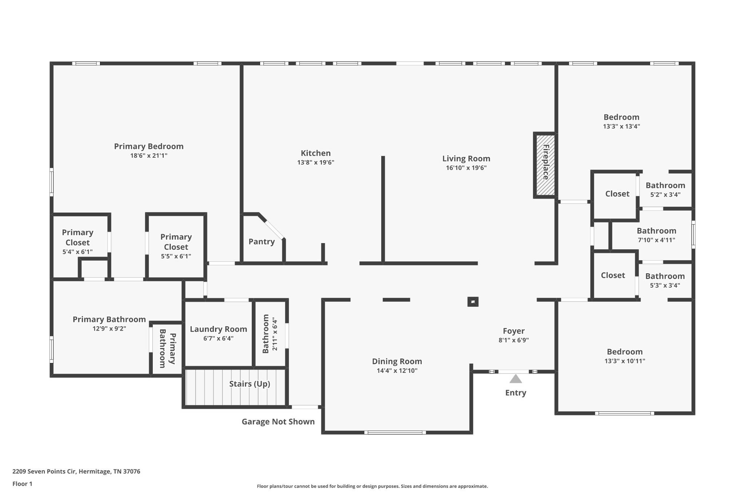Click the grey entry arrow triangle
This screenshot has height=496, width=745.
point(515,379)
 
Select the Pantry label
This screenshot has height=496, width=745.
point(262,242)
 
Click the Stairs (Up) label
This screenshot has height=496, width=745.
point(250,384)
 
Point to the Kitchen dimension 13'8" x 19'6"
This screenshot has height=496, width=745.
point(316,162)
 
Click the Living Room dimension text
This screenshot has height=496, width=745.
point(466,168)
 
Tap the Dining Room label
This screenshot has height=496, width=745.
point(397,362)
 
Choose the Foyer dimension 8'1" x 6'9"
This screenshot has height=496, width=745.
point(514,340)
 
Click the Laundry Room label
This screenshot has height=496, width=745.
point(218,329)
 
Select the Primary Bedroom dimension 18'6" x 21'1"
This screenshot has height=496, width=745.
point(149,156)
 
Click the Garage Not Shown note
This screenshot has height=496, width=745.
point(278,422)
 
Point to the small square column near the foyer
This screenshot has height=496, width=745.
point(473,302)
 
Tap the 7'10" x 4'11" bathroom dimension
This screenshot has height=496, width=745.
point(657,240)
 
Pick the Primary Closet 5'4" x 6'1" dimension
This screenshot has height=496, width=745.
point(77,252)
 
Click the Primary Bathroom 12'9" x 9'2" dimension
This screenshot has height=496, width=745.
point(109,329)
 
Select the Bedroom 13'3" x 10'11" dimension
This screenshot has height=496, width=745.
point(625,361)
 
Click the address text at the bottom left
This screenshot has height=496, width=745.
point(76,472)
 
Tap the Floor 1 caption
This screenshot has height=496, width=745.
point(23,484)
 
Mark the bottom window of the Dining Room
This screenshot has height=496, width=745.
point(395,432)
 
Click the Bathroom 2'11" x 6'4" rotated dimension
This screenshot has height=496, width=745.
point(275,335)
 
